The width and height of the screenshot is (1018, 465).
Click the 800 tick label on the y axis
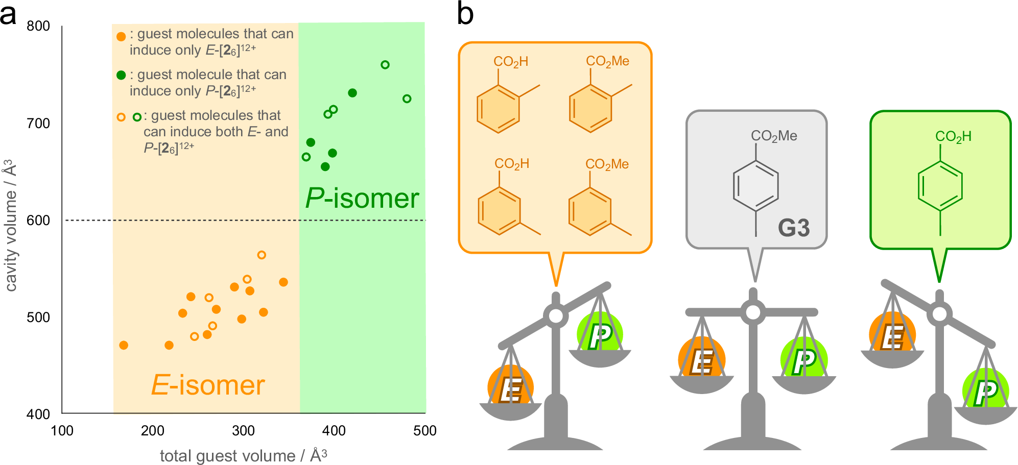[38, 26]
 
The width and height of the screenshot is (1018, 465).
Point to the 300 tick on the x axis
[243, 431]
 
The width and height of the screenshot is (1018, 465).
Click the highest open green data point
[385, 65]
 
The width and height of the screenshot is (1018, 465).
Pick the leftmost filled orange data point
[124, 346]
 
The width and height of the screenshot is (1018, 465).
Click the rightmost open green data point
[407, 99]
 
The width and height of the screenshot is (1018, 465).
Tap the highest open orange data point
[262, 255]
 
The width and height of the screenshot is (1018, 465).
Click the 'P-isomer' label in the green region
[362, 198]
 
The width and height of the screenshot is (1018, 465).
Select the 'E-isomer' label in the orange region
[208, 385]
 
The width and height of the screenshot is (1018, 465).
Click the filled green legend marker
[121, 76]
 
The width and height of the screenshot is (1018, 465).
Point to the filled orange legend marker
[121, 37]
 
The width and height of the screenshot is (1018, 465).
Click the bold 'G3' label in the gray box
[793, 228]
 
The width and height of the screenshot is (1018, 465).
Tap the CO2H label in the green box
[953, 136]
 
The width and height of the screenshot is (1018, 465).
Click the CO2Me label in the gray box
[774, 136]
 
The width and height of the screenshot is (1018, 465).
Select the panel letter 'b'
[465, 14]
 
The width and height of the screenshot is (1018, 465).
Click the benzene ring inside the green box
[940, 186]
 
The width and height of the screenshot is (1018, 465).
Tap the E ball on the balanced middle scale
[701, 359]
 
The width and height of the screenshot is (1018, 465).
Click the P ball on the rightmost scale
[985, 391]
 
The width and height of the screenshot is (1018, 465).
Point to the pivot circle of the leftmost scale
[556, 316]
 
